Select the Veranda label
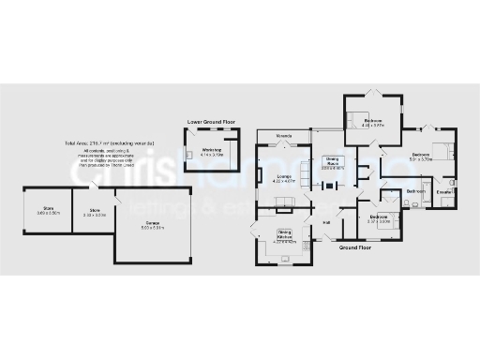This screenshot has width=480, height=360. click(282, 137)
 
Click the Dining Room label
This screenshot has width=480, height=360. click(332, 159)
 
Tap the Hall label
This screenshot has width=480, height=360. click(327, 222)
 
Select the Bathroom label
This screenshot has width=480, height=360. click(414, 191)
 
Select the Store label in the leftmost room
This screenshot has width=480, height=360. click(47, 209)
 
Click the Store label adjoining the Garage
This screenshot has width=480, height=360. click(95, 210)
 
